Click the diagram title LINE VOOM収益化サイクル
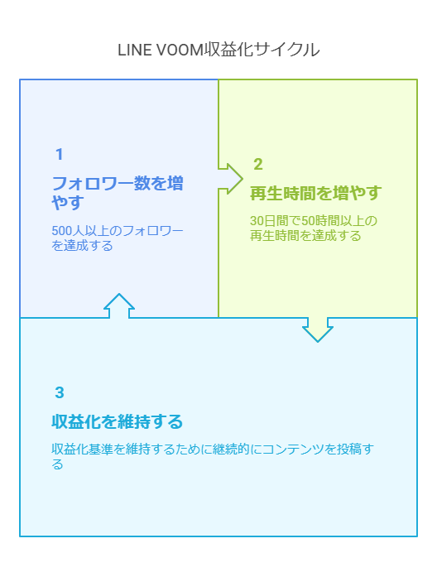click(218, 50)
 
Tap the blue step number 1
click(59, 154)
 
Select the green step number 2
click(258, 164)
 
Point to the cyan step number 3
click(60, 392)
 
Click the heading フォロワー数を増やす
click(118, 193)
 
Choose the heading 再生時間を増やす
click(315, 193)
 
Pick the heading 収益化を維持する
click(117, 421)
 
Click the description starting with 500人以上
click(118, 238)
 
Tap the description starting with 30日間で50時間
click(314, 228)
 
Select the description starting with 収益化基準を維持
click(213, 456)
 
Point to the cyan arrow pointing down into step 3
click(318, 329)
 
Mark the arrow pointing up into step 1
click(119, 305)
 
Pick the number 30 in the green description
click(257, 221)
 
